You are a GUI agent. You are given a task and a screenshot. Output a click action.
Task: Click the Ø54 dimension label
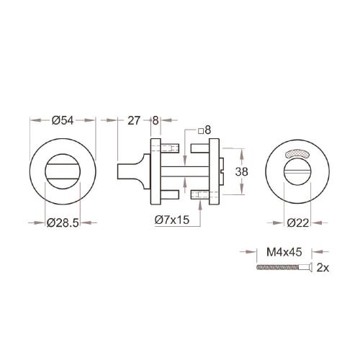pyautogui.click(x=63, y=120)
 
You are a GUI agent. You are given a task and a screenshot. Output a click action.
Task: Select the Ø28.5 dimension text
pyautogui.click(x=63, y=222)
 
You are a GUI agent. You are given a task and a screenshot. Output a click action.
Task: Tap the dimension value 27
pyautogui.click(x=134, y=120)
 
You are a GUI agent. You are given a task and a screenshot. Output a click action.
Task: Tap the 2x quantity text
pyautogui.click(x=323, y=269)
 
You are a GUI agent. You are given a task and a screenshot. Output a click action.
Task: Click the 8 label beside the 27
pyautogui.click(x=156, y=120)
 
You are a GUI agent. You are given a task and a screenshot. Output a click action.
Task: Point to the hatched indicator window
pyautogui.click(x=296, y=153)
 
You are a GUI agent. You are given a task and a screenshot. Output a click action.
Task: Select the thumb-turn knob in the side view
pyautogui.click(x=127, y=171)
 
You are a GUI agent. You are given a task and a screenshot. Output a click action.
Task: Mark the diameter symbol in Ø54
pyautogui.click(x=55, y=120)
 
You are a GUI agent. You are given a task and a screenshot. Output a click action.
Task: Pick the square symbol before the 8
pyautogui.click(x=199, y=130)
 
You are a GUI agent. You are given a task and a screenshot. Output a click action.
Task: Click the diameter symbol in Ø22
pyautogui.click(x=289, y=222)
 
